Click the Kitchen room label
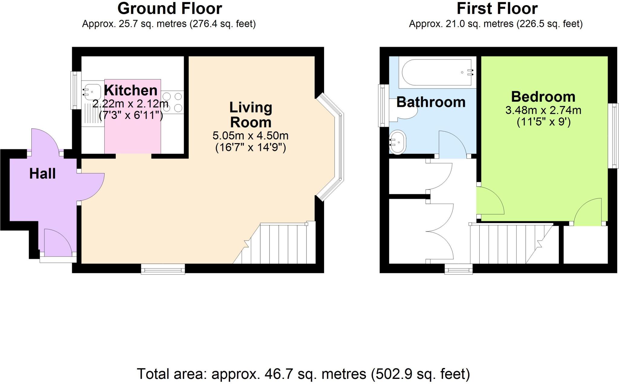(131, 90)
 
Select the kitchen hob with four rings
(172, 102)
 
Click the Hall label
(42, 174)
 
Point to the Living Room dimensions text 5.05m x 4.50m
(250, 136)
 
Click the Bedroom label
(543, 97)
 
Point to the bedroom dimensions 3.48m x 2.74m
(543, 110)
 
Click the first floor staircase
(511, 245)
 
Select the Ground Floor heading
(170, 8)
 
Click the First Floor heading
(497, 8)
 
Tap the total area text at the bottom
(303, 374)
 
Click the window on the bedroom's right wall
(615, 136)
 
